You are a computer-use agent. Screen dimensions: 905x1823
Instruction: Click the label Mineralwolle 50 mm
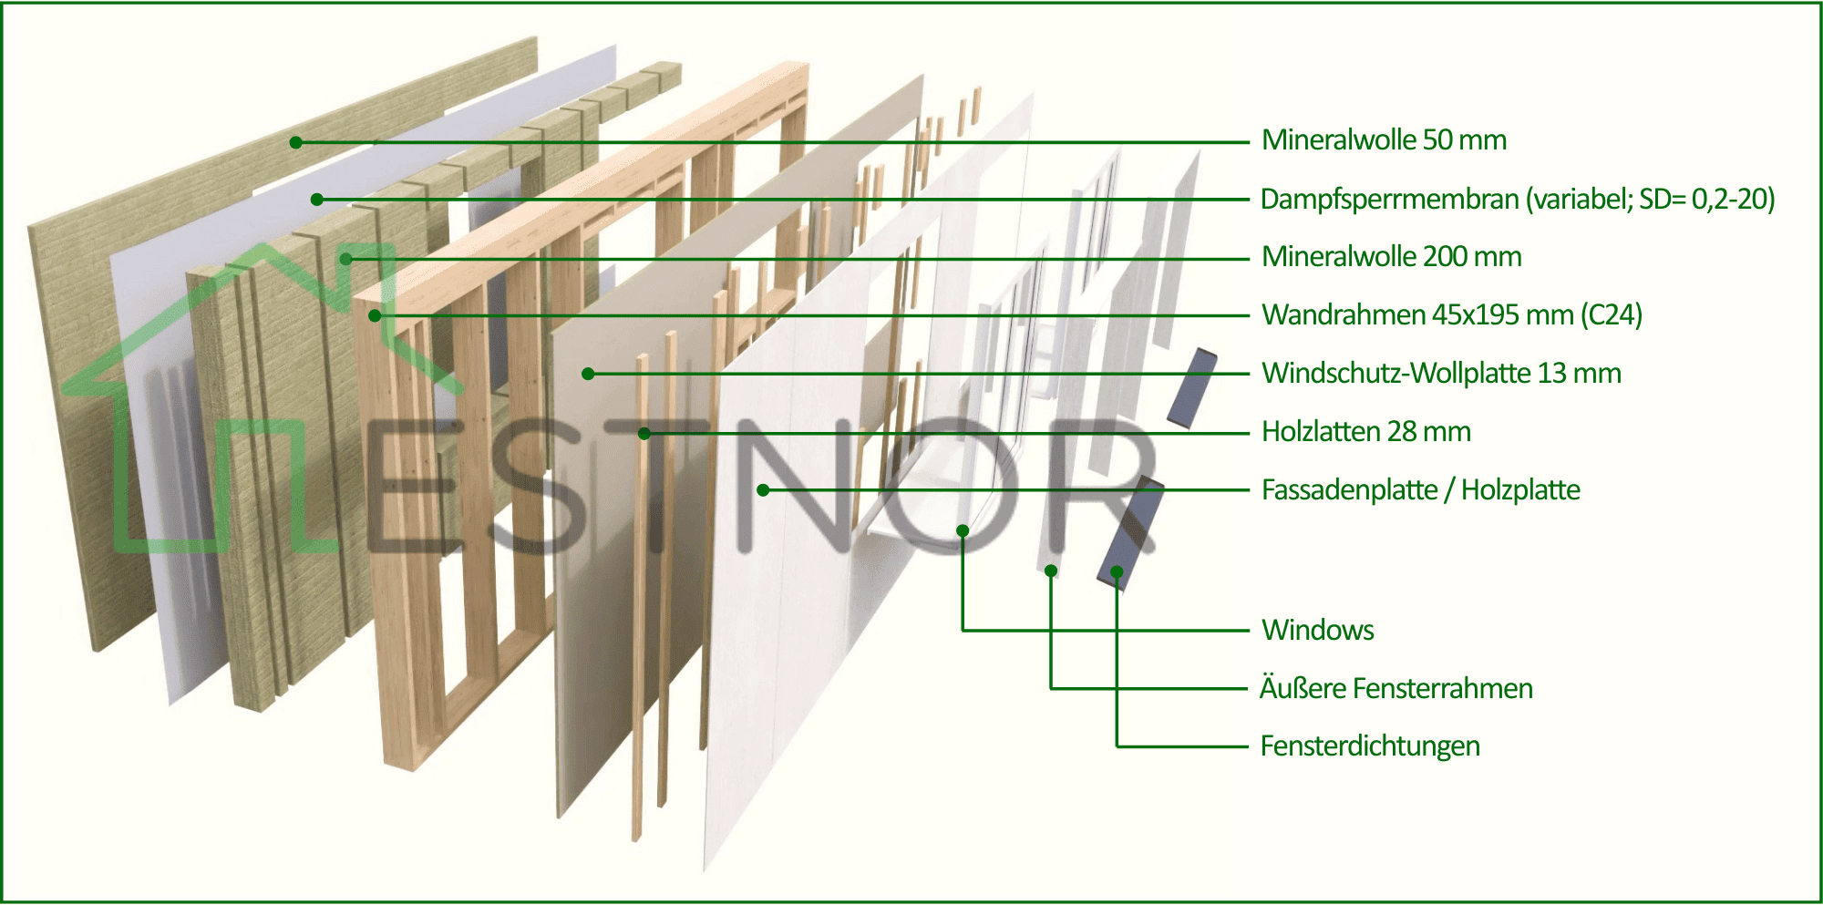(1383, 140)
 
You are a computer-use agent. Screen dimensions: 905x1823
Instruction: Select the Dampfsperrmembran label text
(1517, 199)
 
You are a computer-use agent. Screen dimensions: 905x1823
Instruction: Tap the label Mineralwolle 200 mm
(1391, 257)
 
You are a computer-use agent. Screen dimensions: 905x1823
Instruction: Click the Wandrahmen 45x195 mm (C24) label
(1451, 315)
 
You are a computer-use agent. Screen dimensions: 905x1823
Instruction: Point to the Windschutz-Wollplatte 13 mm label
(1440, 374)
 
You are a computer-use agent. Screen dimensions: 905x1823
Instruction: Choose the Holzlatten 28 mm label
(1365, 432)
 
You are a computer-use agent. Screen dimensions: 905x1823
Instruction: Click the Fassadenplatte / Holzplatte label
(1420, 490)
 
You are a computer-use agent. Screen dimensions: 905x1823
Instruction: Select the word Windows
(1317, 630)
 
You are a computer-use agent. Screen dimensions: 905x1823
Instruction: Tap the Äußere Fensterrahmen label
(1396, 688)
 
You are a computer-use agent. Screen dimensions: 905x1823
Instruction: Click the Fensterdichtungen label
(1369, 746)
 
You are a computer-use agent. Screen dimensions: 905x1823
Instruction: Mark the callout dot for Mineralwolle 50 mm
(295, 142)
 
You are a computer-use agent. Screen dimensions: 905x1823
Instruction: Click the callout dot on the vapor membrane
(316, 200)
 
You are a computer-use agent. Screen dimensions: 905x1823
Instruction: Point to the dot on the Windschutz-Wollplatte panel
(588, 374)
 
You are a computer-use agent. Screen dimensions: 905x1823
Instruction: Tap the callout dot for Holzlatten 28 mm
(644, 433)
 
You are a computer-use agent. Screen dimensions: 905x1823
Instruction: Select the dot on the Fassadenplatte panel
(763, 490)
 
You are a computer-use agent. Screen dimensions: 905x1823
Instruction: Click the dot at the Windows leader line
(963, 530)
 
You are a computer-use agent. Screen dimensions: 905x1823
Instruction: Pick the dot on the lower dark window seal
(1117, 571)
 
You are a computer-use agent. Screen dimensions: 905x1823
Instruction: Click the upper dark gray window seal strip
(1192, 388)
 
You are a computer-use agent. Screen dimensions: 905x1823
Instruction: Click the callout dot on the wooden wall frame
(375, 315)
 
